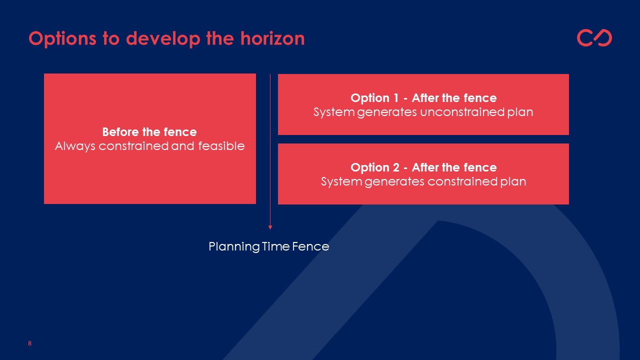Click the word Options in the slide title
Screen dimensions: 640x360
click(x=62, y=39)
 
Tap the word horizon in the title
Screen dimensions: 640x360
click(x=272, y=38)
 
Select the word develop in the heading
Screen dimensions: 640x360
click(x=163, y=39)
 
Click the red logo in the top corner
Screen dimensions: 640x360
click(x=594, y=37)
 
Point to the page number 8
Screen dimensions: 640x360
click(x=29, y=343)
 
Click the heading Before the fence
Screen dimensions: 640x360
click(x=149, y=132)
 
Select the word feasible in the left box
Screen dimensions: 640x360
click(x=221, y=146)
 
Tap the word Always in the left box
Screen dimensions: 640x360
click(x=75, y=146)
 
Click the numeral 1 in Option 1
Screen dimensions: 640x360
click(x=395, y=98)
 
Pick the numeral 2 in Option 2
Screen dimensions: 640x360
click(x=396, y=167)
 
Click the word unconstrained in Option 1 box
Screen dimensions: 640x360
click(x=462, y=112)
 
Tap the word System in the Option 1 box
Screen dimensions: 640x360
click(x=334, y=112)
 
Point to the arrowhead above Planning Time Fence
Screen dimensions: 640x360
click(x=270, y=227)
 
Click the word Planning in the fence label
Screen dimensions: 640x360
click(x=234, y=247)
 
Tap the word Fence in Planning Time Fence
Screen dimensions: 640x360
click(x=310, y=246)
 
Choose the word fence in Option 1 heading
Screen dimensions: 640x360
click(x=480, y=98)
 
